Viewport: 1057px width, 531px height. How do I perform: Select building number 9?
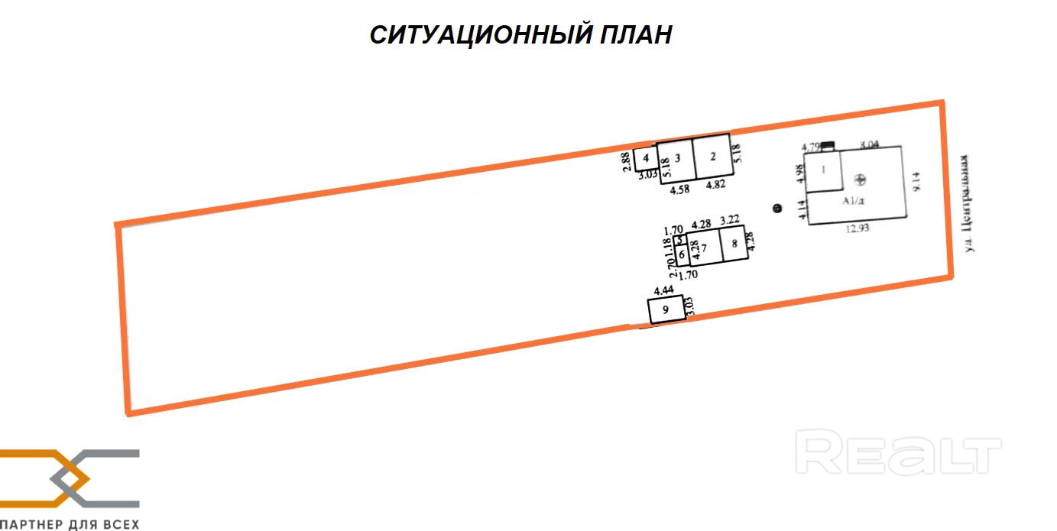(x=666, y=310)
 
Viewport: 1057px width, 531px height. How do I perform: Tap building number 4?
(x=646, y=159)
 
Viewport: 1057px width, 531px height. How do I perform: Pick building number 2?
(x=712, y=157)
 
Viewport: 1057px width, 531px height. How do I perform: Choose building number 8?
(x=734, y=244)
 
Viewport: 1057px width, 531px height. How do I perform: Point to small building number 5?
(x=679, y=240)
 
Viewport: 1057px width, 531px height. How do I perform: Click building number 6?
(x=680, y=253)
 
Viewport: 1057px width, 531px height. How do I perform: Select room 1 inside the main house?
(x=824, y=169)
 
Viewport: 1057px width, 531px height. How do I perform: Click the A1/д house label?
(x=853, y=201)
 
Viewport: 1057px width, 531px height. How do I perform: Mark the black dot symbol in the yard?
(x=777, y=207)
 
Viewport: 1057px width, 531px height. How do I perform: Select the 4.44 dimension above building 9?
(x=663, y=290)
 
